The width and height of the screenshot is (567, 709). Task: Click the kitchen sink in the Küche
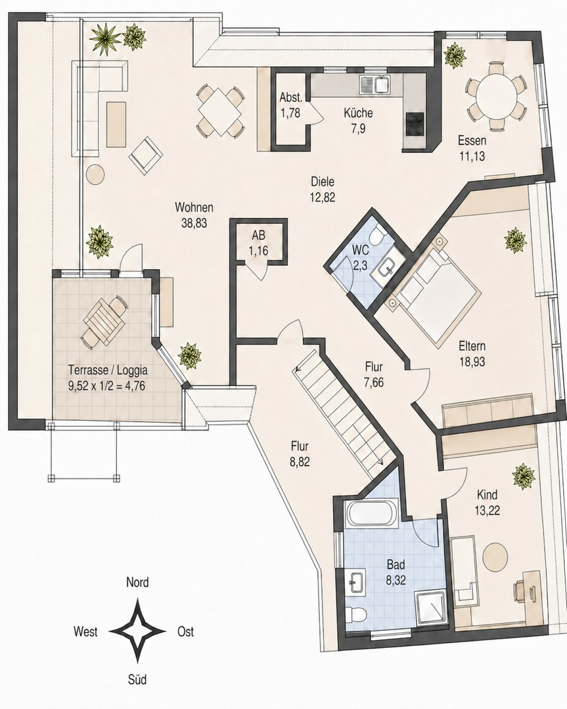click(x=374, y=84)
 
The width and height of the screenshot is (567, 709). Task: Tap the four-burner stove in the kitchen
click(x=415, y=123)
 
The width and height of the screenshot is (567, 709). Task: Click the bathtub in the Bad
click(x=371, y=513)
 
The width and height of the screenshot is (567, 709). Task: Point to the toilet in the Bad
click(x=355, y=614)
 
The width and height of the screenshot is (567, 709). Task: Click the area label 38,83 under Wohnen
click(x=194, y=223)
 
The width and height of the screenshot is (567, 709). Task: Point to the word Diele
click(x=323, y=182)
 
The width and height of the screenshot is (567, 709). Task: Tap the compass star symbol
click(x=137, y=631)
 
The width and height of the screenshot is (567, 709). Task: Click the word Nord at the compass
click(x=137, y=582)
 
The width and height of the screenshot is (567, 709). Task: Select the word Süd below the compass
click(x=137, y=679)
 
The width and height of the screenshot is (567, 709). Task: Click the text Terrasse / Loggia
click(x=108, y=370)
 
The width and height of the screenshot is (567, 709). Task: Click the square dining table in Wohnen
click(x=220, y=111)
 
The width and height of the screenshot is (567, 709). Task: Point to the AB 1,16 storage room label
click(x=259, y=243)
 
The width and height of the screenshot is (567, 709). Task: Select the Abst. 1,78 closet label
click(x=290, y=105)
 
